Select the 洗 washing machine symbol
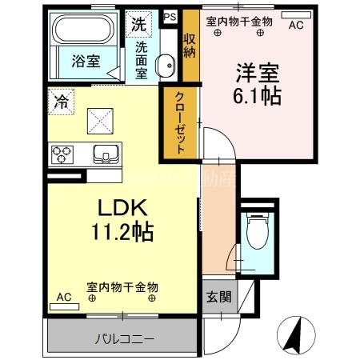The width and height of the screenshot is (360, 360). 138,23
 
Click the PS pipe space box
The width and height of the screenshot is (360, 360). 170,15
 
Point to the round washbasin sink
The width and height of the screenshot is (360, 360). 166,65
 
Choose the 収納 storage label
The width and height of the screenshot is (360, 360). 190,45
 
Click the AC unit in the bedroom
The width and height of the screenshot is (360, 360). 295,25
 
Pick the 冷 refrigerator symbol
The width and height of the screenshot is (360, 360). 62,102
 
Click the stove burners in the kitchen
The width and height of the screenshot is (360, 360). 62,153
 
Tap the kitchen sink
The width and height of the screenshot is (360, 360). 105,154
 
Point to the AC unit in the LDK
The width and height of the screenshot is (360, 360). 64,298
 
